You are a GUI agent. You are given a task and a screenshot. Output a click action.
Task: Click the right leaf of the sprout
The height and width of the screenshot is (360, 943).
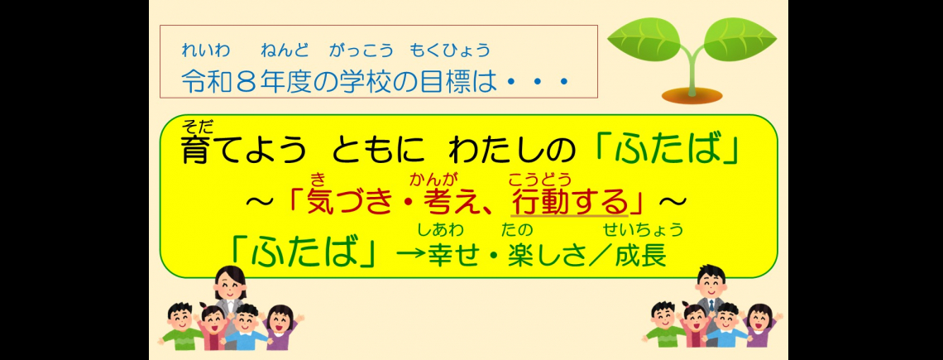(737, 40)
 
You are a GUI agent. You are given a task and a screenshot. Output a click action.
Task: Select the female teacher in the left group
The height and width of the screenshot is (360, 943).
(228, 295)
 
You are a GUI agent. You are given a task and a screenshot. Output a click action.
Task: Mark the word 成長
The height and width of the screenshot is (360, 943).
(641, 255)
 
